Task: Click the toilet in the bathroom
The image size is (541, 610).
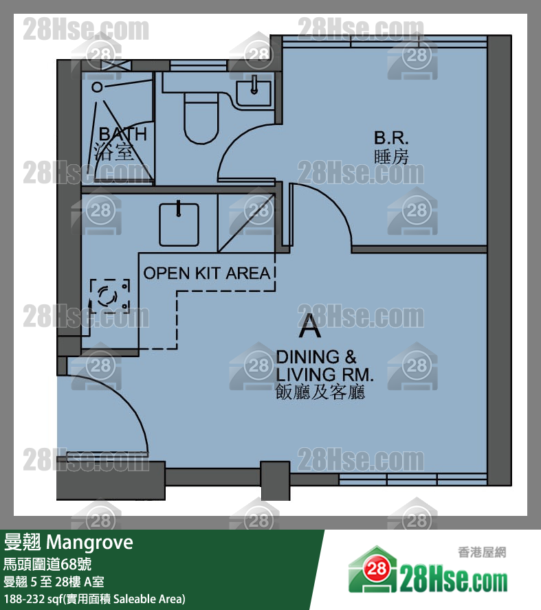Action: [x=201, y=117]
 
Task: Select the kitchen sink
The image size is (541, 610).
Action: [x=179, y=225]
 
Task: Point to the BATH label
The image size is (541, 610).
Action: [x=123, y=134]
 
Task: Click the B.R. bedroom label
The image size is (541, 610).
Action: [x=391, y=137]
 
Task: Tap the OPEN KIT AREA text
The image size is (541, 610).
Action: [x=207, y=273]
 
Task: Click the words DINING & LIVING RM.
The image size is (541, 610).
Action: [x=324, y=365]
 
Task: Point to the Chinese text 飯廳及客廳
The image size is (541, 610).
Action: [x=320, y=392]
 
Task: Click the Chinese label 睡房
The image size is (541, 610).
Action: [x=391, y=157]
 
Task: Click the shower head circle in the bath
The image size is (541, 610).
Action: [x=97, y=87]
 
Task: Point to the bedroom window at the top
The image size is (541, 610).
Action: [x=384, y=41]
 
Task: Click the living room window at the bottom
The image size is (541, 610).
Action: [x=412, y=479]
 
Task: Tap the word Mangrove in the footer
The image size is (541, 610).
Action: [x=89, y=542]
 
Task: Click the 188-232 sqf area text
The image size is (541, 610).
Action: [x=95, y=599]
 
